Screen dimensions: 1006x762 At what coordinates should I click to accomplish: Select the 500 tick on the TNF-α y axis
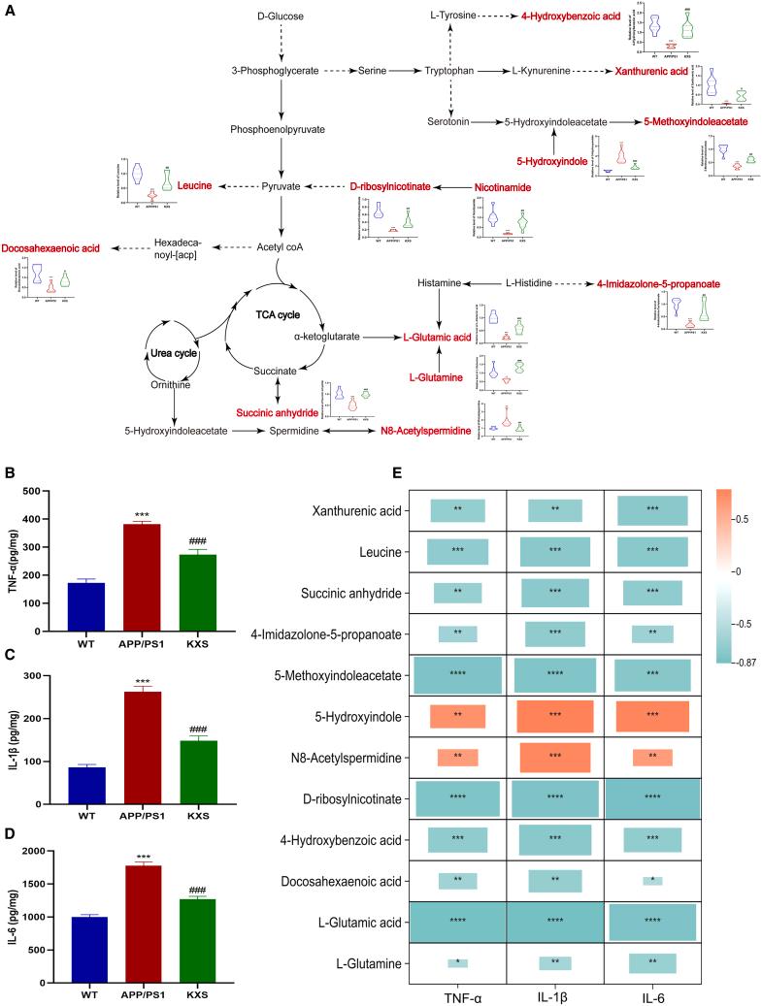(36, 491)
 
